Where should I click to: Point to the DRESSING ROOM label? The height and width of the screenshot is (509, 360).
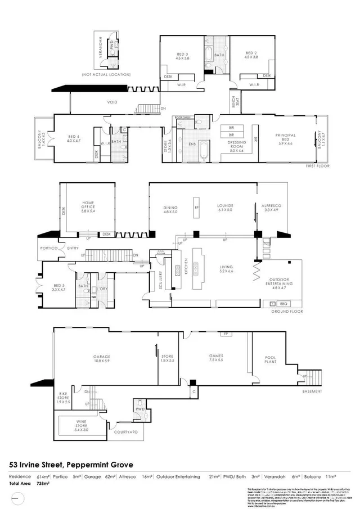click(x=236, y=145)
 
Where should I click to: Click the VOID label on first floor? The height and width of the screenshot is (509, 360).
click(x=112, y=102)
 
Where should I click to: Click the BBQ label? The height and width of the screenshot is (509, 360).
click(x=283, y=303)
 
